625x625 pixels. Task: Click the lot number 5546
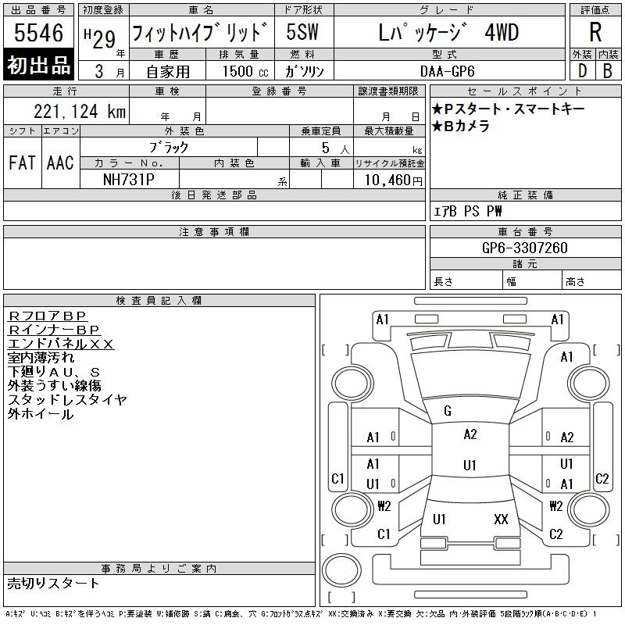[x=38, y=33]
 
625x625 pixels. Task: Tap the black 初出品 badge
[x=38, y=65]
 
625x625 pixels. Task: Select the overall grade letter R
[x=595, y=32]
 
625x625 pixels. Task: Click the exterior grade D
[x=582, y=71]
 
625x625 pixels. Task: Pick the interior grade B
[x=608, y=71]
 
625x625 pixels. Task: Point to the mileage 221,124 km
[x=80, y=111]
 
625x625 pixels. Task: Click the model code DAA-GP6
[x=447, y=71]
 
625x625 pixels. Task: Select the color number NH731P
[x=128, y=180]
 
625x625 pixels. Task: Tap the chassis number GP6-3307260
[x=524, y=248]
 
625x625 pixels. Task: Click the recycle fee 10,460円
[x=393, y=180]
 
